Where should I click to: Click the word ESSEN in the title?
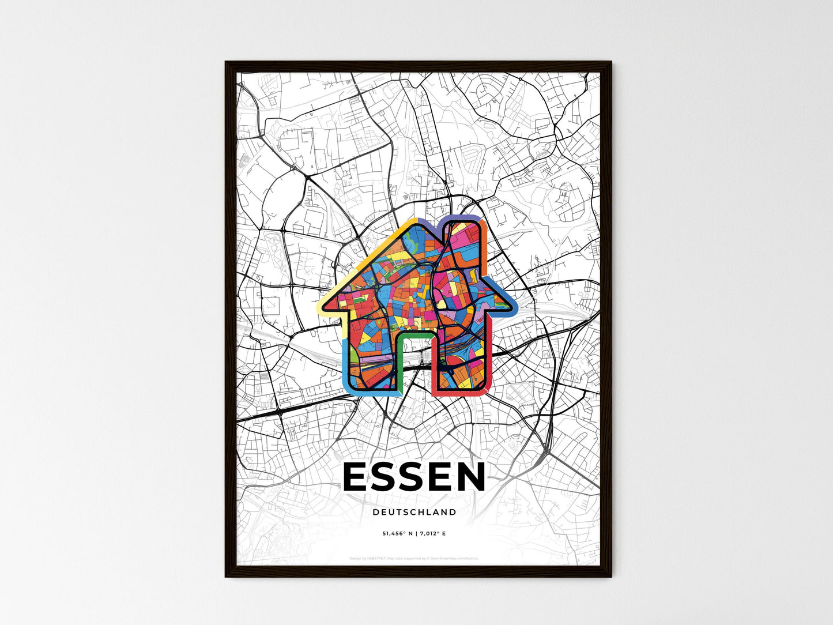(x=414, y=478)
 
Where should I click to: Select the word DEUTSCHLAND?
(x=414, y=512)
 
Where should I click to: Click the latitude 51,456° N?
(x=398, y=534)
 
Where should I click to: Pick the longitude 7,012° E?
(x=432, y=534)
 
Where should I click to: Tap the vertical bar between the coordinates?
(x=416, y=534)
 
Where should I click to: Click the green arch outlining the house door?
(x=414, y=333)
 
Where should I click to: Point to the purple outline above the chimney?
(x=462, y=217)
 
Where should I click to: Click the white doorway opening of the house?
(x=414, y=363)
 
